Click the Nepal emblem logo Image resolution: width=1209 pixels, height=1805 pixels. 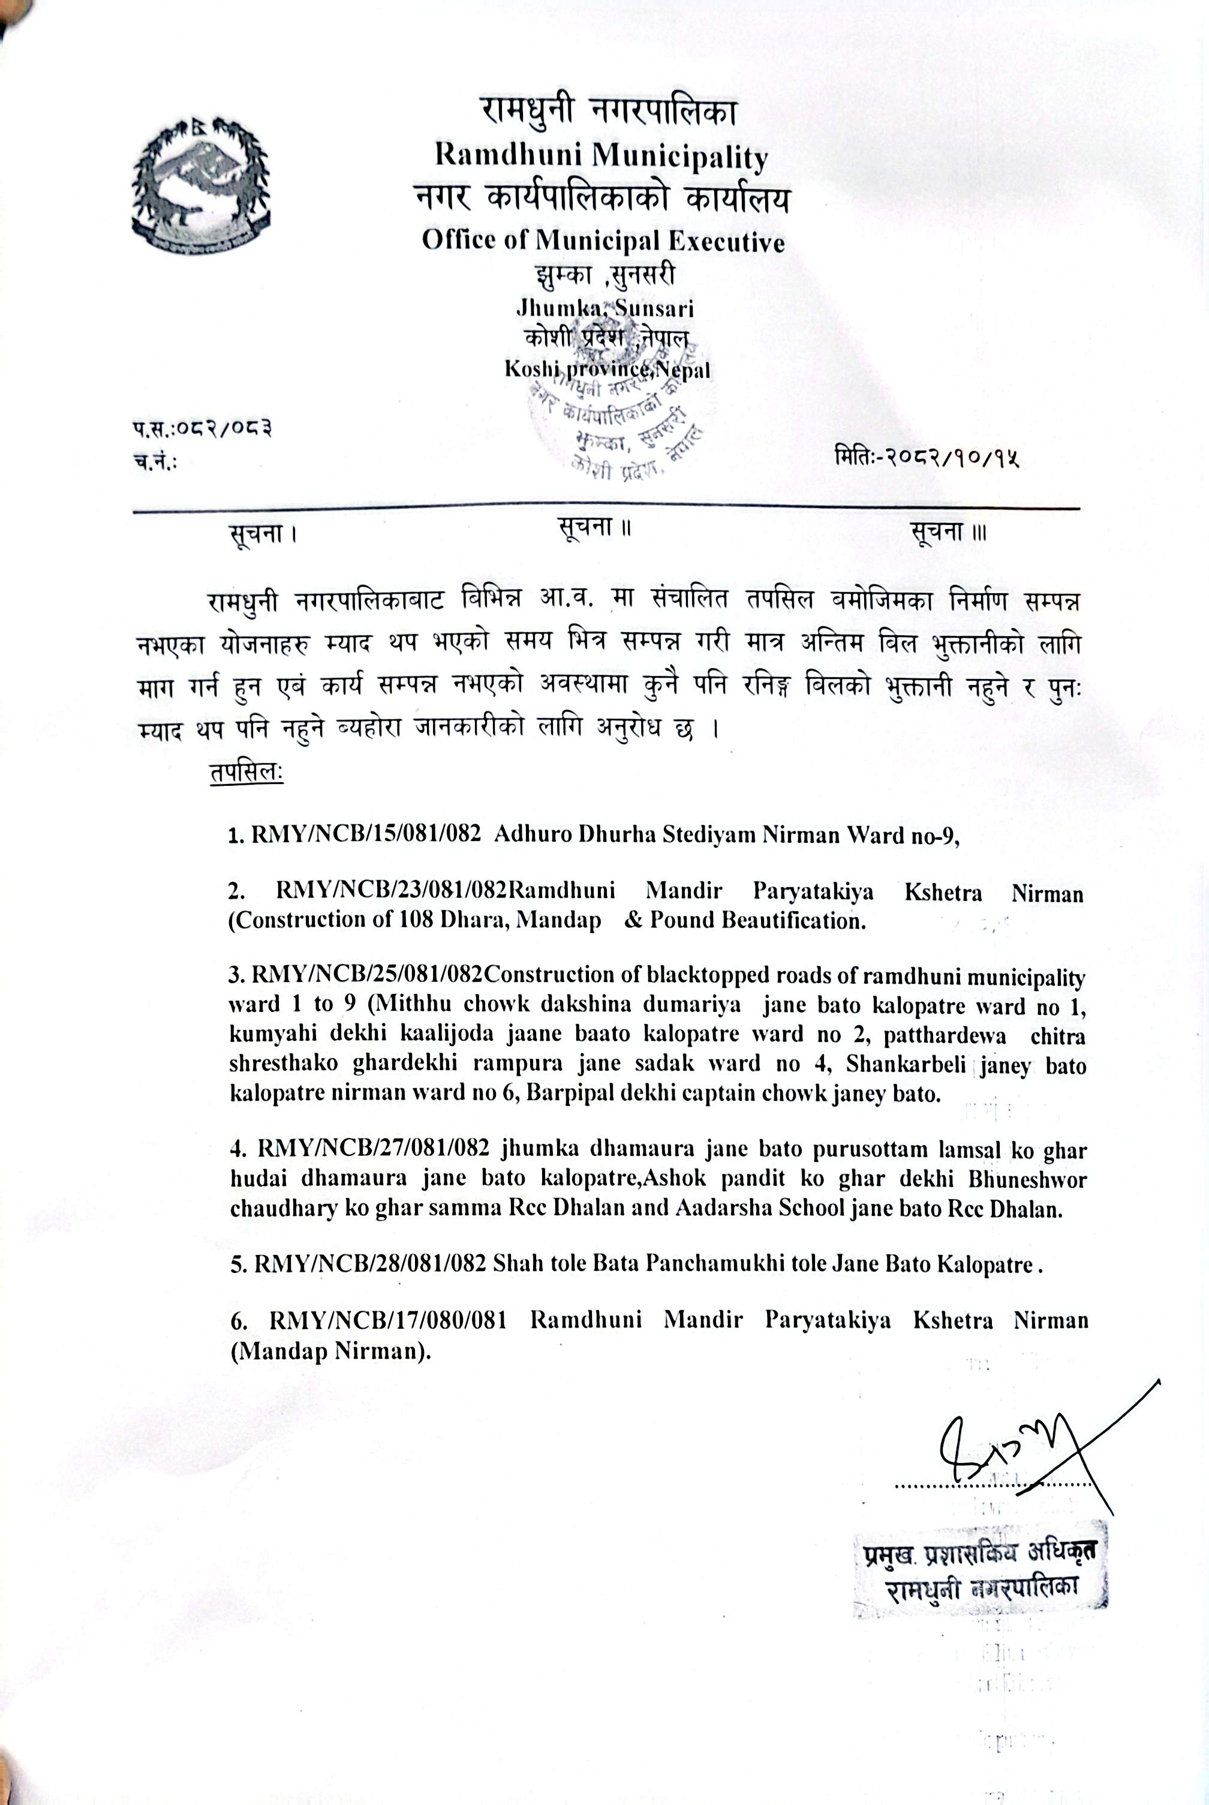201,187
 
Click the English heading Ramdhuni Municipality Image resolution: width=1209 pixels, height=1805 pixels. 602,157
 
